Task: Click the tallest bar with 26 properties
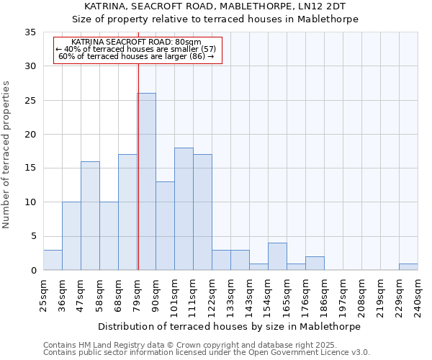146,181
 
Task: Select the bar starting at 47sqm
90,216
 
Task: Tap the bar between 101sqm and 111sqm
184,209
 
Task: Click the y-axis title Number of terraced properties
6,155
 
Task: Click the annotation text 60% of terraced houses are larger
136,56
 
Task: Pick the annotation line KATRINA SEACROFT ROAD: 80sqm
136,42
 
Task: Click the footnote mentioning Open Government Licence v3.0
207,353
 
